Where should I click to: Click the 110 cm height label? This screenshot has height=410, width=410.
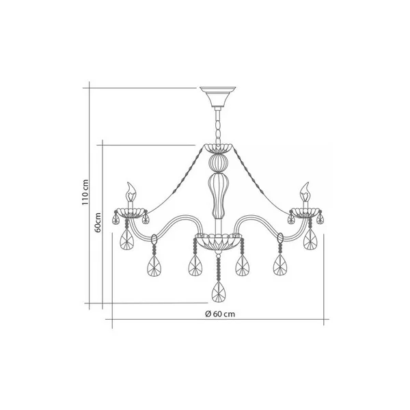tap(85, 192)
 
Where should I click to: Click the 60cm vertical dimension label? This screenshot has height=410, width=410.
tap(98, 223)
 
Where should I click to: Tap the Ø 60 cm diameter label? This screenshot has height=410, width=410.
tap(220, 314)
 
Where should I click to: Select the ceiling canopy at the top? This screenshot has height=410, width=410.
tap(218, 97)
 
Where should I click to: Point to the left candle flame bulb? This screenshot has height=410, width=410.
tap(131, 191)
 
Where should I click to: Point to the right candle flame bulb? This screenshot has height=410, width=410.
tap(305, 191)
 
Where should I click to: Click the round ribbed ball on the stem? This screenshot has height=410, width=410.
tap(218, 163)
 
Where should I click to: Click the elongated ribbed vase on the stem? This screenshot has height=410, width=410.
tap(218, 195)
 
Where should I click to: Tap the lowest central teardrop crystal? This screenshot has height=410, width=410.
tap(219, 292)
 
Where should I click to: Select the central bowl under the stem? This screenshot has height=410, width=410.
tap(219, 243)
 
